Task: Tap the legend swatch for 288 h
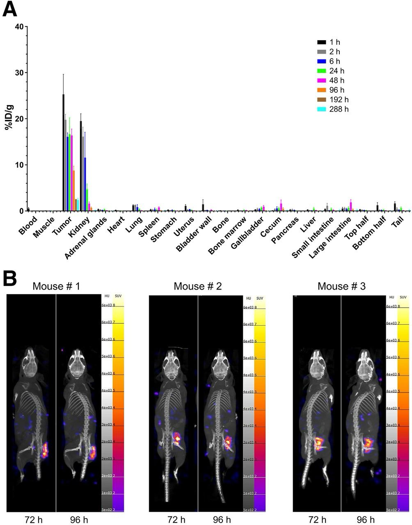coord(321,109)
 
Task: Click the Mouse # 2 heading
coord(198,286)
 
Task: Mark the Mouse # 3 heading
coord(342,286)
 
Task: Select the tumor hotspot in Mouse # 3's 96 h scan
coord(368,443)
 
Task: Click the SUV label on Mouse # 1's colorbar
coord(117,297)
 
